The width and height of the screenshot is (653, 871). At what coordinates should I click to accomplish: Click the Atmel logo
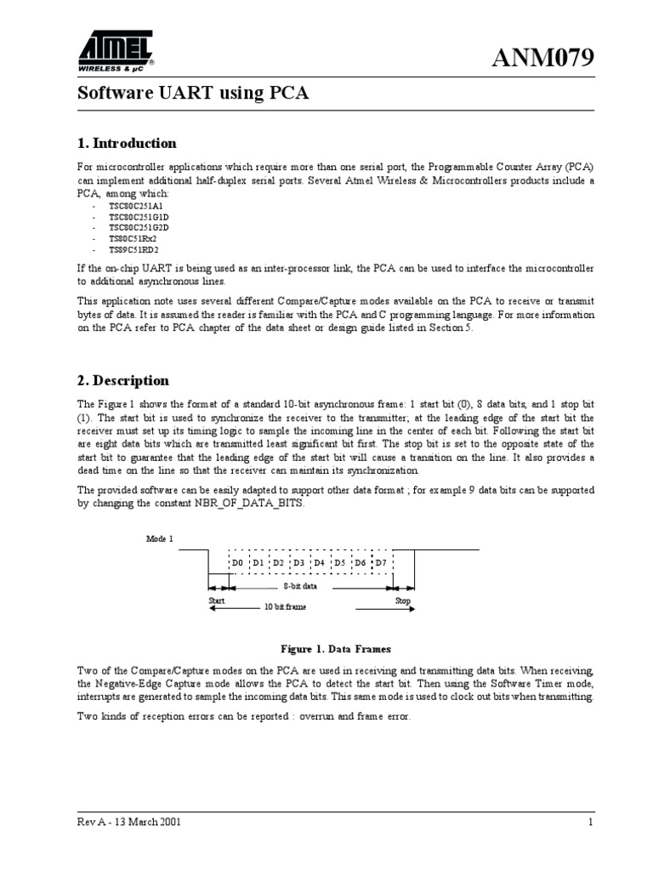coord(116,52)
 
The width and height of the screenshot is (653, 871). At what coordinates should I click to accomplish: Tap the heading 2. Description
coord(123,380)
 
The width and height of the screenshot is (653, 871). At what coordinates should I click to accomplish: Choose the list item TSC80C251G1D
coord(139,218)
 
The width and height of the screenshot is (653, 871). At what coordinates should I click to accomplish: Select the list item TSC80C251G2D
coord(139,229)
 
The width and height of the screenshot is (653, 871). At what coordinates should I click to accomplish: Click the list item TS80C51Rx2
coord(133,240)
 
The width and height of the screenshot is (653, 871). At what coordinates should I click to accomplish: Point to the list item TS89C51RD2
coord(133,251)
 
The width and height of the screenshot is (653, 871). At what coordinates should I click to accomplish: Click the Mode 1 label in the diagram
coord(159,539)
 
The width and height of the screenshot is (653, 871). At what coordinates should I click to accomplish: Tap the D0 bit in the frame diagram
coord(237,563)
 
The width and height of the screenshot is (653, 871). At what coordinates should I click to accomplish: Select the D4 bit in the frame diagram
coord(319,563)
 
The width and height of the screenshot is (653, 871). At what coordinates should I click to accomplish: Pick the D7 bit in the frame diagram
coord(380,563)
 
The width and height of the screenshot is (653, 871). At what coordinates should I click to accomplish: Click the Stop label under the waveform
coord(403,601)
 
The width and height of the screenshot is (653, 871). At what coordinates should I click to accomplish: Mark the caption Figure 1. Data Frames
coord(330,648)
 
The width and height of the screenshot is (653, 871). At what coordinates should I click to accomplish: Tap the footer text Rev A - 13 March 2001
coord(128,823)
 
